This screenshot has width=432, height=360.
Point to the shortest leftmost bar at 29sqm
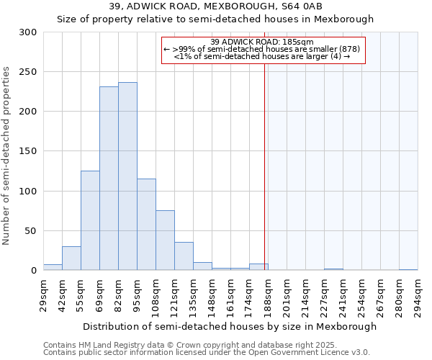(53, 267)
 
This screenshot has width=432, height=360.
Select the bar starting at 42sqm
(71, 258)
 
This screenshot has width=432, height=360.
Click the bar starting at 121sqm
(184, 256)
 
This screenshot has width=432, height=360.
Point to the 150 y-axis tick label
(28, 152)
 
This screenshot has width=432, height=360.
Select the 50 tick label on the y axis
(31, 231)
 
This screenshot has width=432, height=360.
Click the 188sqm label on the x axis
(268, 295)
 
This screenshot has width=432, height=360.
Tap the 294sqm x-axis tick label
(418, 295)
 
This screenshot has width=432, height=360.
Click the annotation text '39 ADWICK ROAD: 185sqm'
(263, 42)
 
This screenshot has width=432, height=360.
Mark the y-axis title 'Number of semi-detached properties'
(7, 156)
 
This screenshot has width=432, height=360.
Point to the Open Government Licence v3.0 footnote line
(207, 352)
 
